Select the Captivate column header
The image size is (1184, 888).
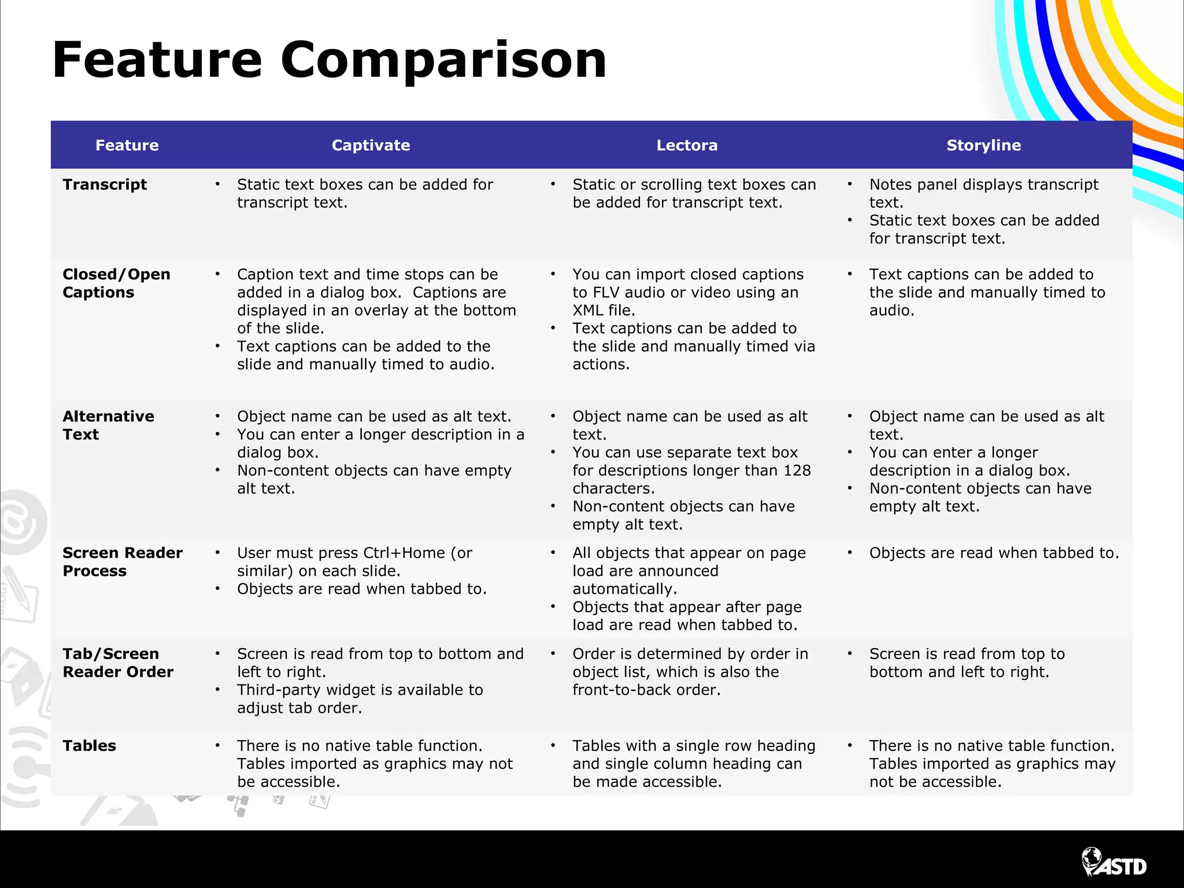[x=371, y=145]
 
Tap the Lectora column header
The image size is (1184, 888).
[x=687, y=145]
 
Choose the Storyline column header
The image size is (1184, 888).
[x=983, y=145]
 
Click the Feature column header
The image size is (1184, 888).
[x=127, y=145]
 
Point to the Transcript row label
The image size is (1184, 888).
[x=105, y=184]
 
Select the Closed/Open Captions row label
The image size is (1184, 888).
[x=116, y=283]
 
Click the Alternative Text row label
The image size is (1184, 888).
[x=108, y=425]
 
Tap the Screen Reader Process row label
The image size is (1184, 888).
[x=122, y=562]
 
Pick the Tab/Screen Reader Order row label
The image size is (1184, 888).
[x=118, y=663]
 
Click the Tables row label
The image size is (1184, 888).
[x=89, y=746]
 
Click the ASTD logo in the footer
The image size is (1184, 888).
[x=1114, y=865]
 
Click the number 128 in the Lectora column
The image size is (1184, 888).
[x=797, y=471]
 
